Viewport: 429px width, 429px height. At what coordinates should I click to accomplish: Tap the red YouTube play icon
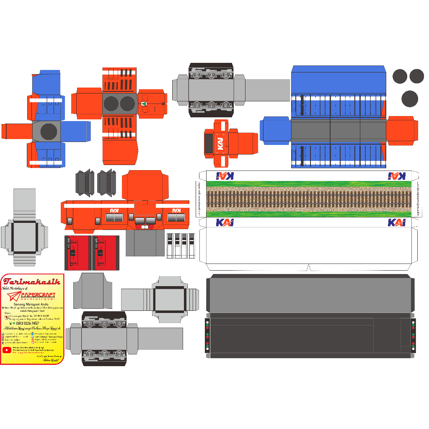(x=7, y=350)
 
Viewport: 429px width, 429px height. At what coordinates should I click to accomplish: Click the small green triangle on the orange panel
(x=144, y=103)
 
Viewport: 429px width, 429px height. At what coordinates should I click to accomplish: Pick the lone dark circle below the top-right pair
(x=409, y=99)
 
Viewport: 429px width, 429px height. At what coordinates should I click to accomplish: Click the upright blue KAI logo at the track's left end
(x=225, y=222)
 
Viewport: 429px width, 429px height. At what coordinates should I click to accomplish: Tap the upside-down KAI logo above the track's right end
(x=396, y=176)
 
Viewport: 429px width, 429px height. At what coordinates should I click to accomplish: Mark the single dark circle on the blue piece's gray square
(x=49, y=132)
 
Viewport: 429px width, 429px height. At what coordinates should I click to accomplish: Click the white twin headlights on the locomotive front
(x=145, y=227)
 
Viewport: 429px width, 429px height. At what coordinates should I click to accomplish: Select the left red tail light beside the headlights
(x=138, y=227)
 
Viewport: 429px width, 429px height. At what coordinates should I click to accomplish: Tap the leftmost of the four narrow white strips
(x=170, y=246)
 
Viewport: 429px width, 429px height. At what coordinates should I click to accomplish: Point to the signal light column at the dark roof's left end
(x=207, y=335)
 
